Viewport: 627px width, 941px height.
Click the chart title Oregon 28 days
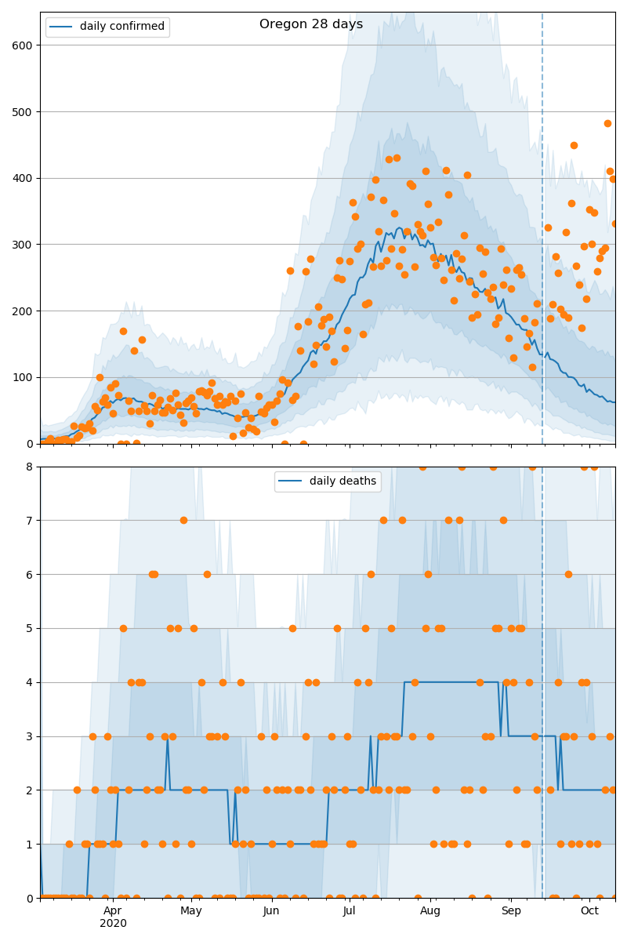pyautogui.click(x=311, y=24)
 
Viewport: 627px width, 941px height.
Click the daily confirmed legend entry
pyautogui.click(x=121, y=27)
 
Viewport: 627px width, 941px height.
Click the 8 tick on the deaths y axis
pyautogui.click(x=30, y=467)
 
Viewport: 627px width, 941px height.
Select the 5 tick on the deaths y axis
pyautogui.click(x=30, y=628)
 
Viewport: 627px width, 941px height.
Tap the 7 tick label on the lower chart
pyautogui.click(x=30, y=521)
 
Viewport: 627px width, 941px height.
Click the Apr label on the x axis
pyautogui.click(x=113, y=910)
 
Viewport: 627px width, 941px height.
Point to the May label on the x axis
pyautogui.click(x=191, y=910)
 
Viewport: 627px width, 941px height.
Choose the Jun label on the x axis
pyautogui.click(x=271, y=910)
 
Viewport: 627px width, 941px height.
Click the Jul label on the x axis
pyautogui.click(x=350, y=910)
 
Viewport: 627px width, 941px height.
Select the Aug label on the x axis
pyautogui.click(x=429, y=910)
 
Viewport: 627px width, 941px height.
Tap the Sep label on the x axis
pyautogui.click(x=510, y=910)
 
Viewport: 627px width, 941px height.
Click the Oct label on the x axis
pyautogui.click(x=589, y=910)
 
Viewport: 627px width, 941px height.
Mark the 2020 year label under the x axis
pyautogui.click(x=113, y=924)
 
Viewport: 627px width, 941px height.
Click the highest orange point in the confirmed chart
pyautogui.click(x=607, y=123)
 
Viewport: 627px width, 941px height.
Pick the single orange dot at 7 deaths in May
pyautogui.click(x=183, y=520)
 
